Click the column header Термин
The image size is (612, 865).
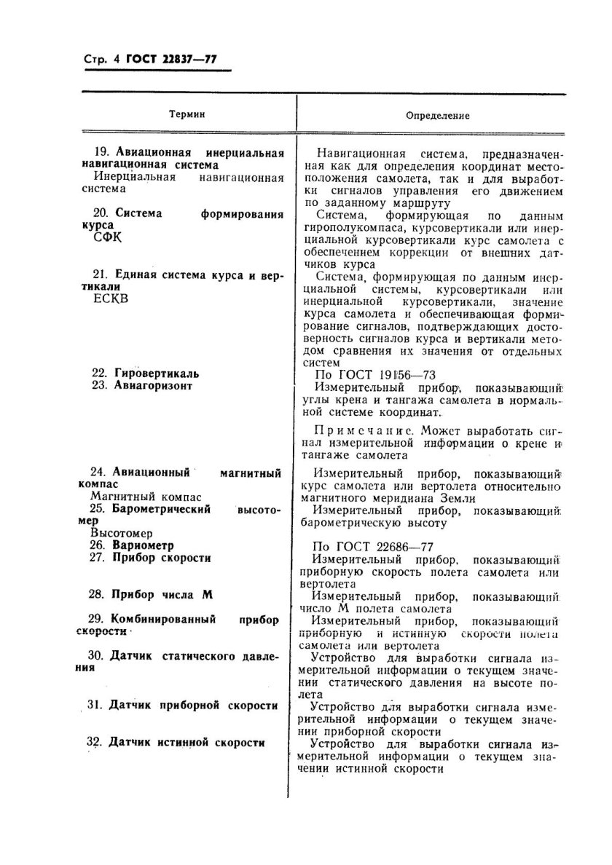coord(187,114)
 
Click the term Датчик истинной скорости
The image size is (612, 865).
coord(186,743)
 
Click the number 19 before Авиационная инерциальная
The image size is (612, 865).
coord(102,152)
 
